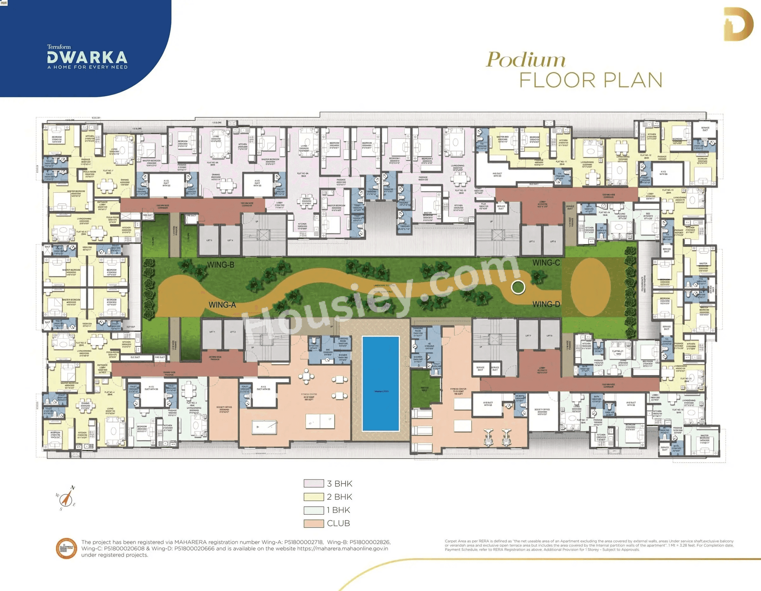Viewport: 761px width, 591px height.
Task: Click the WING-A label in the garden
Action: (222, 305)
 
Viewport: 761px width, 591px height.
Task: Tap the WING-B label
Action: (221, 265)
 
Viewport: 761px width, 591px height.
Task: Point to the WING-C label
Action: (546, 263)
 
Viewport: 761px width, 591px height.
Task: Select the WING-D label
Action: (546, 304)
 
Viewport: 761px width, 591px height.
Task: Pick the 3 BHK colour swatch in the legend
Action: (314, 483)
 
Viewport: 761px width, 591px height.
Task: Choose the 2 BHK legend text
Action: (339, 497)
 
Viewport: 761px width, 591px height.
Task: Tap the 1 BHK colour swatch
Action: (314, 510)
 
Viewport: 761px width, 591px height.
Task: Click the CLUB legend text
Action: (338, 523)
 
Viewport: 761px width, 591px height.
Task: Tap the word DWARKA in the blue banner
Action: (87, 57)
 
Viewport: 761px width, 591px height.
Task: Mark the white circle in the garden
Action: (518, 287)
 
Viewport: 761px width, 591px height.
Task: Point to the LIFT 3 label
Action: (209, 240)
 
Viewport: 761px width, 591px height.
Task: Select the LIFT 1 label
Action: (212, 332)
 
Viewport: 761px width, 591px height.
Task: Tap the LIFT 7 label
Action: (528, 336)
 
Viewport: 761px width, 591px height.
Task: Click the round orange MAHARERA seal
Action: (66, 549)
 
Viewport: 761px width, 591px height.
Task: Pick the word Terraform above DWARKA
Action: (59, 47)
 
